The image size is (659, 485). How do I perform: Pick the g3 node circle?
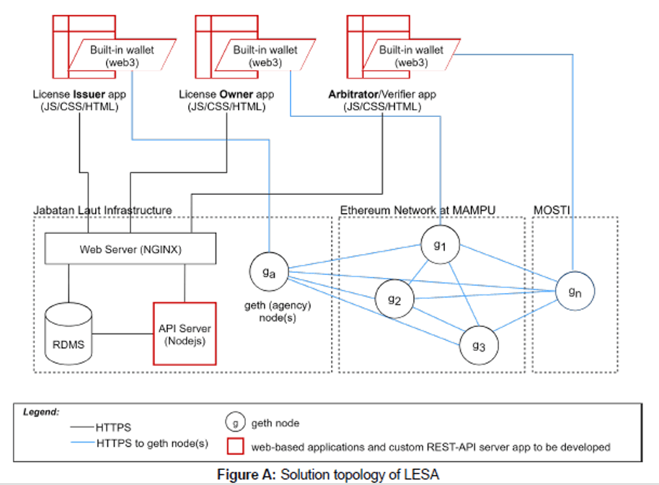click(479, 346)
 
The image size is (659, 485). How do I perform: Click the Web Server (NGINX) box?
click(131, 249)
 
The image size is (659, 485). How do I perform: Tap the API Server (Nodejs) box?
click(184, 334)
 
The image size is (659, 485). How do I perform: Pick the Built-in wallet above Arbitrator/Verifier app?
click(412, 56)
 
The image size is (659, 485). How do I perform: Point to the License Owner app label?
click(226, 100)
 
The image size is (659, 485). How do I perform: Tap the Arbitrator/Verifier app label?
click(382, 100)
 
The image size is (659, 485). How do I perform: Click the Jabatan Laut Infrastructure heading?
click(102, 210)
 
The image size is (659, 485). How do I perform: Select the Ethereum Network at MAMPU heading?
click(422, 210)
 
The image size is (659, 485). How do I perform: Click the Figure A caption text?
click(329, 474)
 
